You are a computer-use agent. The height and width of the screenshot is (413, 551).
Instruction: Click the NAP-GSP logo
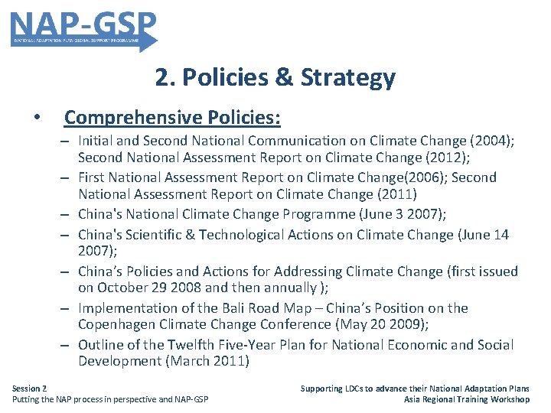click(x=83, y=29)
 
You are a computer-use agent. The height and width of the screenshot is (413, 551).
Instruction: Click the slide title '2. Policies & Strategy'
click(x=275, y=77)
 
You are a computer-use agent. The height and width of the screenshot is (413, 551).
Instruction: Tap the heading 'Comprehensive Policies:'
click(x=172, y=118)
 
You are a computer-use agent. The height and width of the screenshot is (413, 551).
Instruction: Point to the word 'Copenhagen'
click(x=116, y=324)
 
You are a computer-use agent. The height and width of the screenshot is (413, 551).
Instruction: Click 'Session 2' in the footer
click(x=29, y=389)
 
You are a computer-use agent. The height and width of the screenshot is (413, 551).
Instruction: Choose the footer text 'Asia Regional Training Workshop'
click(x=467, y=399)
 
